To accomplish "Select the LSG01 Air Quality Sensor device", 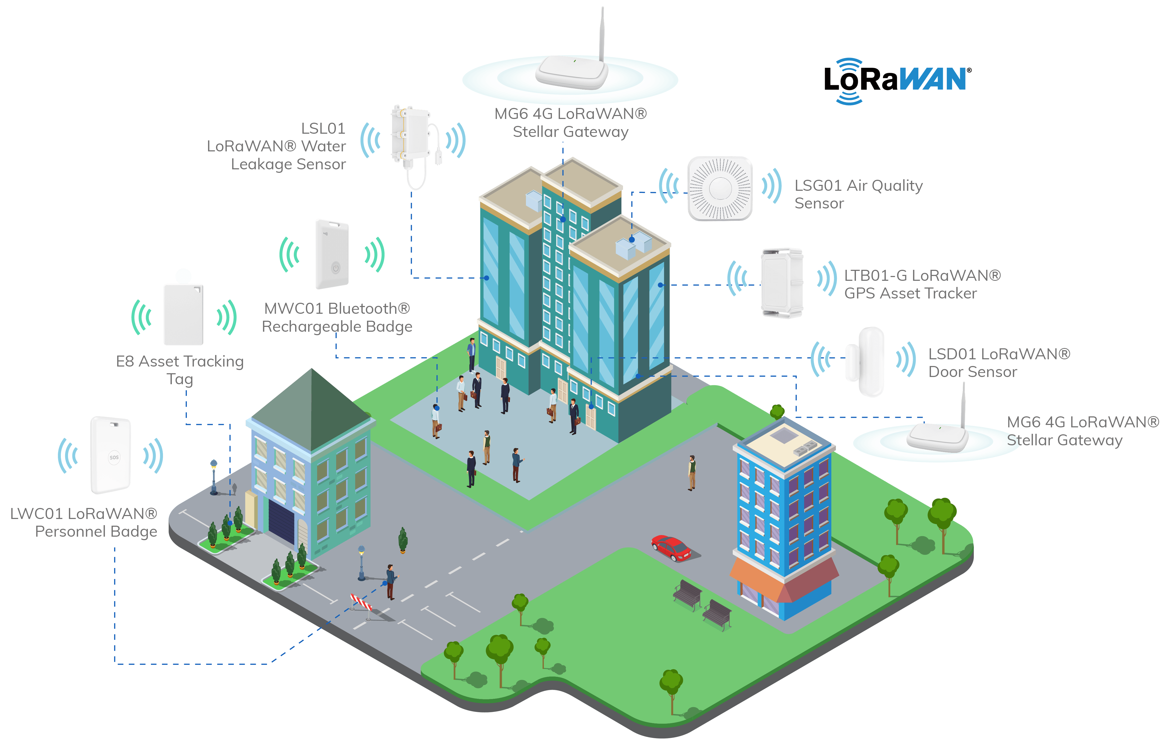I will click(720, 188).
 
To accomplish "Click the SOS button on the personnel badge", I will click(114, 457).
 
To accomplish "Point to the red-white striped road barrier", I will click(362, 603).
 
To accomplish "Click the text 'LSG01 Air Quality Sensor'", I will click(858, 194).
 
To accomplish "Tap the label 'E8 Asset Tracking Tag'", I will click(180, 370).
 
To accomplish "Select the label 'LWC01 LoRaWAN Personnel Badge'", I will click(84, 522).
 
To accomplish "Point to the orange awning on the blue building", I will click(757, 577).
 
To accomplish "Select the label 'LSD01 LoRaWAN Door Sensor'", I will click(999, 363).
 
